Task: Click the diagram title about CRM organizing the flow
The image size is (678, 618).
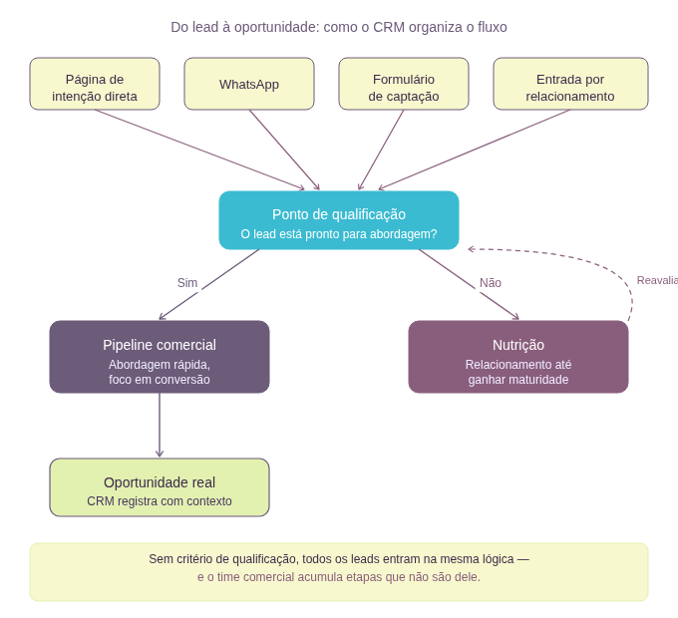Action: [x=339, y=27]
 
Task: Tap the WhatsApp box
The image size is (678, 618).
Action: [x=249, y=85]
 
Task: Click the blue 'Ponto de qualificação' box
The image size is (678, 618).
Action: [x=339, y=213]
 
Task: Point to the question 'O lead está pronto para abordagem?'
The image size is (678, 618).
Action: [x=339, y=235]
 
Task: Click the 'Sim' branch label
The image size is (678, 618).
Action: [x=187, y=283]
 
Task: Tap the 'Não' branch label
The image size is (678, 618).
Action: [x=491, y=283]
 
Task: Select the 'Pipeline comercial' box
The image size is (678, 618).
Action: [x=160, y=345]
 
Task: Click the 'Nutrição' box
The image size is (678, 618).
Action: [x=518, y=345]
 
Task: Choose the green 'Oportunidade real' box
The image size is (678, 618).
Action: [x=160, y=482]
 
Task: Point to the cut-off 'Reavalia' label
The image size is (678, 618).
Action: [x=657, y=280]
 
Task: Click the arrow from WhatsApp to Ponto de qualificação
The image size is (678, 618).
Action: [x=284, y=150]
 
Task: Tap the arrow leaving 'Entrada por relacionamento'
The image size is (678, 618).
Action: [x=474, y=150]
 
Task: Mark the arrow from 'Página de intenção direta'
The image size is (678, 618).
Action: [x=199, y=150]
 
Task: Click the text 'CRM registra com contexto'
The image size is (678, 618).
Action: [x=160, y=501]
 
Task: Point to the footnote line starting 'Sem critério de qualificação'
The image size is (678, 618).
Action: [x=339, y=559]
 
